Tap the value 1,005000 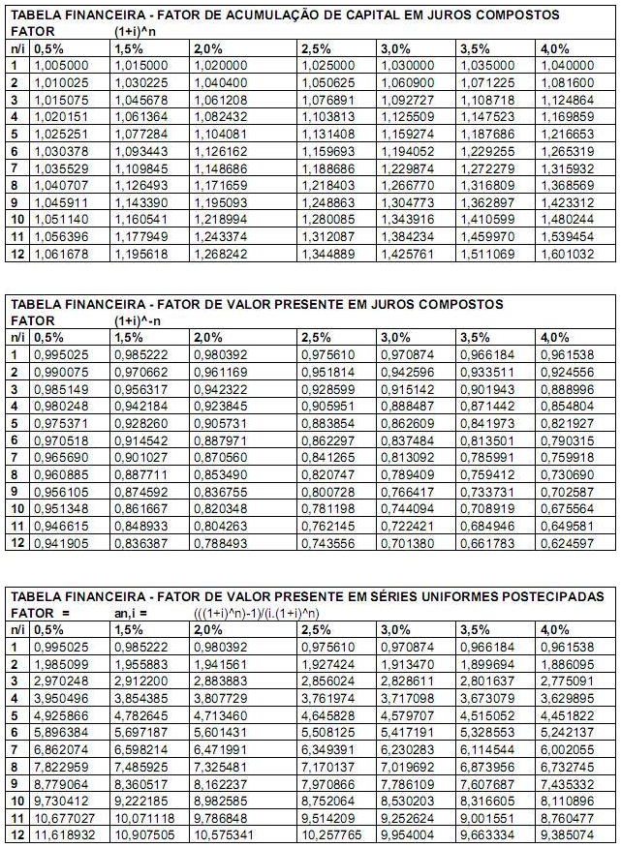61,65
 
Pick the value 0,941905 61,543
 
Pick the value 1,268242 220,255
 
